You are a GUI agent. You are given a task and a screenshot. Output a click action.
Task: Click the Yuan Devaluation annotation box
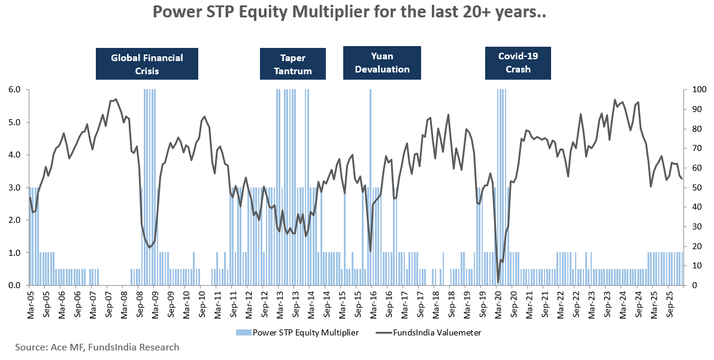(x=382, y=62)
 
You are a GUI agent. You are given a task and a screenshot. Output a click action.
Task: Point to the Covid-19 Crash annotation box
(x=518, y=62)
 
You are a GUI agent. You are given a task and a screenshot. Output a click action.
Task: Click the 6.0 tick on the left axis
(x=15, y=90)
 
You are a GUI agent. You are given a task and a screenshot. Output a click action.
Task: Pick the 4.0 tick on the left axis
(x=15, y=155)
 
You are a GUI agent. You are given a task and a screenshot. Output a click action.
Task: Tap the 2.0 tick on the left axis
(x=15, y=220)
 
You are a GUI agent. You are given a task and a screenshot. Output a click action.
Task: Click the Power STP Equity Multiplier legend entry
(x=299, y=332)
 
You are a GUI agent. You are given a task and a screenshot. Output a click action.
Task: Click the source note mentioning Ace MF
(x=97, y=347)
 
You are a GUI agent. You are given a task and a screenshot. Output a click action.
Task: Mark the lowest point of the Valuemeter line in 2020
(x=498, y=282)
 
